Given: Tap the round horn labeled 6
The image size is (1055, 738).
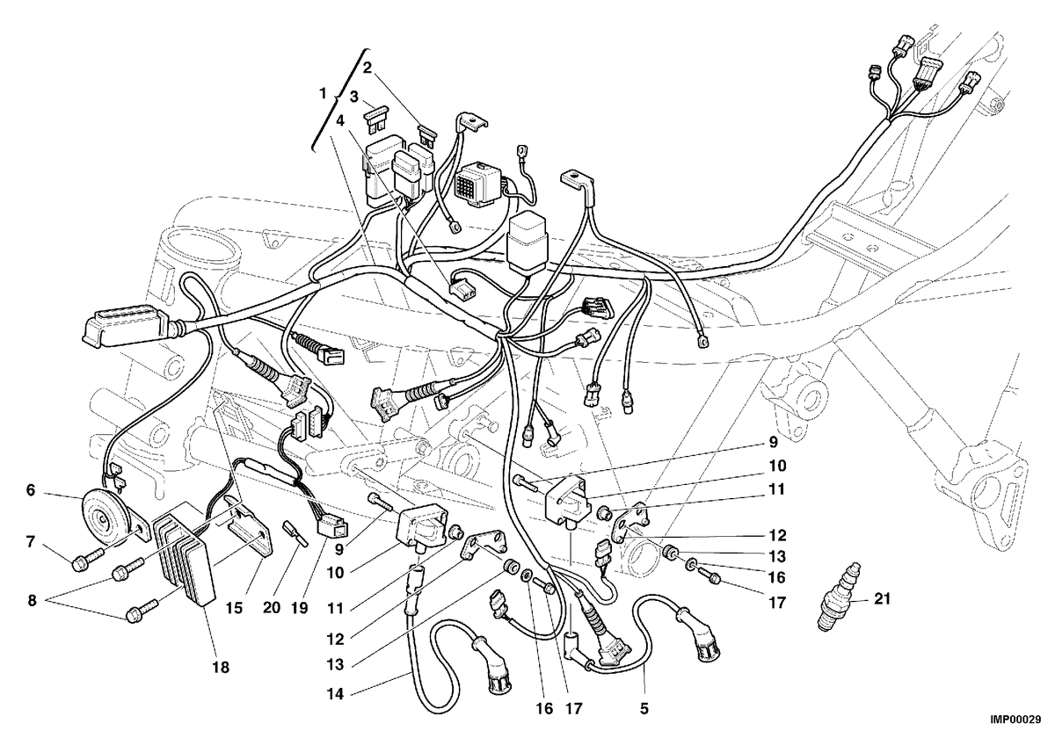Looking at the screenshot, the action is pos(109,518).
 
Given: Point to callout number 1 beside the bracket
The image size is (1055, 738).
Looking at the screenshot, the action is pos(323,94).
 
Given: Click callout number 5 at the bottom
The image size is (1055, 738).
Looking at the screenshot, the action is pos(644,708).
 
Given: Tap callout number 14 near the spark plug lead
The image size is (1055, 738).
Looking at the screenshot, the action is pos(336,694).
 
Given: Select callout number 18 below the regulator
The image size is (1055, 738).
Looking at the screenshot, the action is pos(221,667).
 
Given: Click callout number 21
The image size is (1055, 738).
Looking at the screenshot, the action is pos(882,599).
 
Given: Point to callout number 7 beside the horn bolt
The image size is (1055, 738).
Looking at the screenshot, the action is pos(31,542).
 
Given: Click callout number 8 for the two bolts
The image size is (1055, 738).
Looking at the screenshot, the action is pos(32,601).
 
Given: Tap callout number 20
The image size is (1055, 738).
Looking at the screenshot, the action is pos(272,608).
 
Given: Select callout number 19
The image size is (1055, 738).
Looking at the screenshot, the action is pos(300,608).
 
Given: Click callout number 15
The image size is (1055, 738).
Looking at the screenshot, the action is pos(234,608).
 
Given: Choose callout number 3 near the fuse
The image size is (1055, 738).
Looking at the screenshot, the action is pos(353,97).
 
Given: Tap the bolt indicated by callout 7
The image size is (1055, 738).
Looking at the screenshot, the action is pos(89,559).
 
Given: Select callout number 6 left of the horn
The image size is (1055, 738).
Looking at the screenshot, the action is pos(31,490).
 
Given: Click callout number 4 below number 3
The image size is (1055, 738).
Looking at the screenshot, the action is pos(340,121).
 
